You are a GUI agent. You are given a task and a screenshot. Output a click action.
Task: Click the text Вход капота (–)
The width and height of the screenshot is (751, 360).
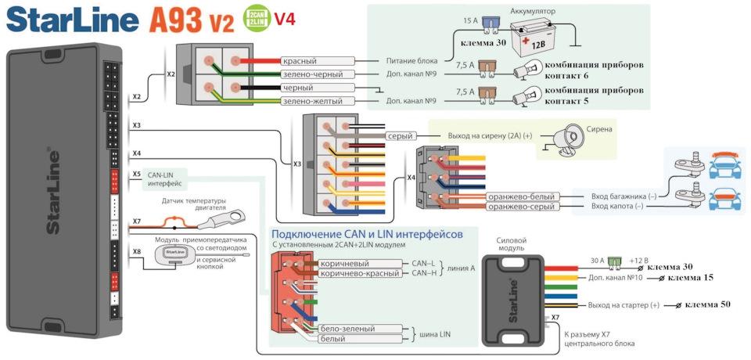point(618,206)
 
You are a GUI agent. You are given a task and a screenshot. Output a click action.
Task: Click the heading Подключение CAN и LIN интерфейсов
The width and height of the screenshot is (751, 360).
point(367,234)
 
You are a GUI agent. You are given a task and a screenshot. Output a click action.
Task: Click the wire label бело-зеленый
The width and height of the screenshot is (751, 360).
point(347,329)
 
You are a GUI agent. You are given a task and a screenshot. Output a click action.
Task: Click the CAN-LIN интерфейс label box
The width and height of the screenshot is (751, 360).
point(165,179)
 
